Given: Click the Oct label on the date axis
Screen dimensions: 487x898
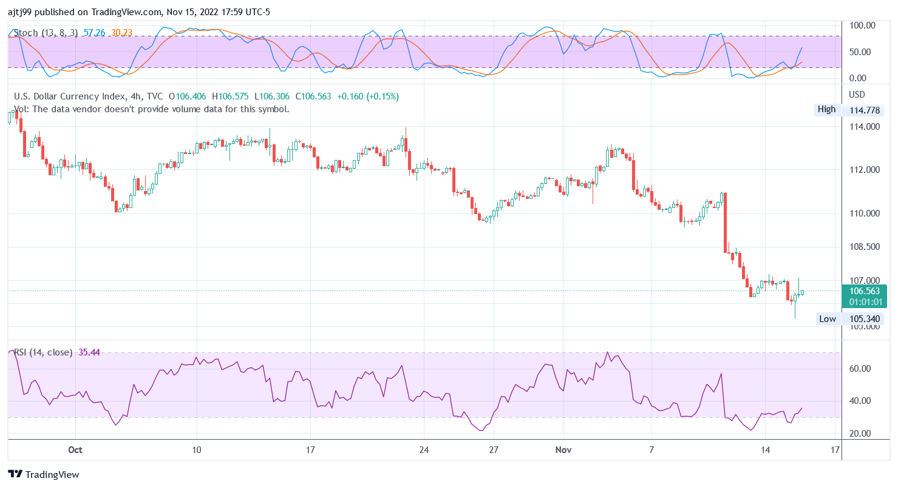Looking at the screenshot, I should click(75, 450).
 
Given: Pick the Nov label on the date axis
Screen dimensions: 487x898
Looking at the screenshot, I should click(564, 450).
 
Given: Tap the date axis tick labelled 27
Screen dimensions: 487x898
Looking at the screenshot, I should click(494, 450).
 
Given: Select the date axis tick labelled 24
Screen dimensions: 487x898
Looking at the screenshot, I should click(424, 450).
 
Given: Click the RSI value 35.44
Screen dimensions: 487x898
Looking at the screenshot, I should click(89, 352).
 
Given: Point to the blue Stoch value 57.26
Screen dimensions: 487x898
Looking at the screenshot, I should click(95, 33).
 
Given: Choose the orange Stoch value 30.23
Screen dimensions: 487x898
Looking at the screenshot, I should click(121, 33).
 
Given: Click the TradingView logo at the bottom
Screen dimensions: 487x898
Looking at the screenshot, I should click(44, 474).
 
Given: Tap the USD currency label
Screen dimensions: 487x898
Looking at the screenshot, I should click(857, 95).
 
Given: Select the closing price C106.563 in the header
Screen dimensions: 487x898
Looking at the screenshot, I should click(313, 96).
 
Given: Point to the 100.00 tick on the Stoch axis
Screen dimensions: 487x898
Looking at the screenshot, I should click(862, 25).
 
